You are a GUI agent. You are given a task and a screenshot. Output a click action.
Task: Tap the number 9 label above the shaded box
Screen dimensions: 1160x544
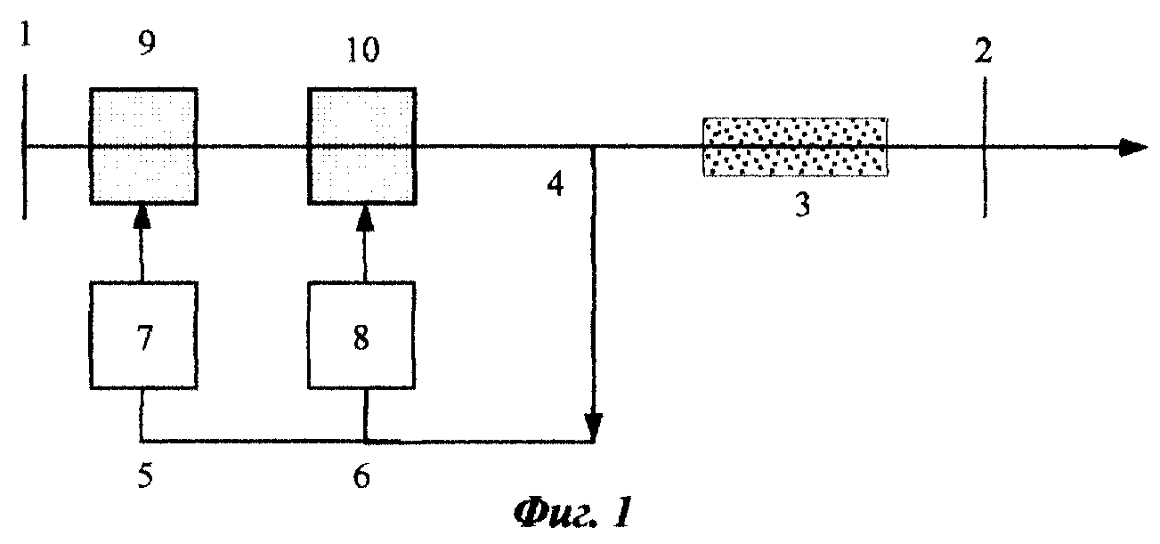[x=147, y=43]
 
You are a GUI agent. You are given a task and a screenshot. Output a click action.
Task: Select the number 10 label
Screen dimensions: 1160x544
[x=363, y=50]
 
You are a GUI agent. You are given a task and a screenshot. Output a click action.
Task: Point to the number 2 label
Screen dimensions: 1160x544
[x=983, y=51]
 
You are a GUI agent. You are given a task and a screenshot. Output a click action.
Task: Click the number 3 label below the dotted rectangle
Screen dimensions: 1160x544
[x=802, y=204]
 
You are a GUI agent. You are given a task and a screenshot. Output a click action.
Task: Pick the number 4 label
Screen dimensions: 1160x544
[x=556, y=183]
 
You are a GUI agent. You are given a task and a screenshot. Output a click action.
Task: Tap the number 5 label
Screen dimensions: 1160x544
[x=145, y=475]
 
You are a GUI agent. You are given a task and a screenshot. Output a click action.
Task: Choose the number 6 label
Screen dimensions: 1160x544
[x=361, y=475]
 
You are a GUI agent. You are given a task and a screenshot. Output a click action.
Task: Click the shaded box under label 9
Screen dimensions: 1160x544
[x=143, y=147]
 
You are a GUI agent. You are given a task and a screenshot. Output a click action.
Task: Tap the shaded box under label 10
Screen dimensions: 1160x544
[x=362, y=147]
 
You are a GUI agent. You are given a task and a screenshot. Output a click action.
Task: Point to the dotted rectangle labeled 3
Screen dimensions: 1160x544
[x=795, y=147]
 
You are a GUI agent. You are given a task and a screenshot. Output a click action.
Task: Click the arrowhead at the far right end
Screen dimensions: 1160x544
[x=1133, y=148]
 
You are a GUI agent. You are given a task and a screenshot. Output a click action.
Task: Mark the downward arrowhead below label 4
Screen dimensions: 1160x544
[x=594, y=426]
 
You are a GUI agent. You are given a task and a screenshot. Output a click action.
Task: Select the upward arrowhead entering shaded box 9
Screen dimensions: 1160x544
[x=142, y=217]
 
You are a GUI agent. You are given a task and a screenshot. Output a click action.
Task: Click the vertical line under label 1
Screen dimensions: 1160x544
[x=24, y=147]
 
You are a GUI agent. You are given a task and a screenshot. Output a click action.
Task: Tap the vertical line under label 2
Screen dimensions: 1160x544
[x=984, y=147]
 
